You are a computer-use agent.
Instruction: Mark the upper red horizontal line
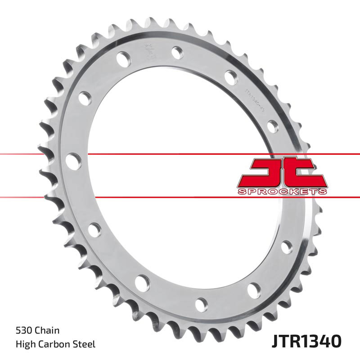[180, 154]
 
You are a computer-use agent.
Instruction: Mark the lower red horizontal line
[180, 197]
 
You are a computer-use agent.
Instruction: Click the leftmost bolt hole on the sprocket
[73, 161]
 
